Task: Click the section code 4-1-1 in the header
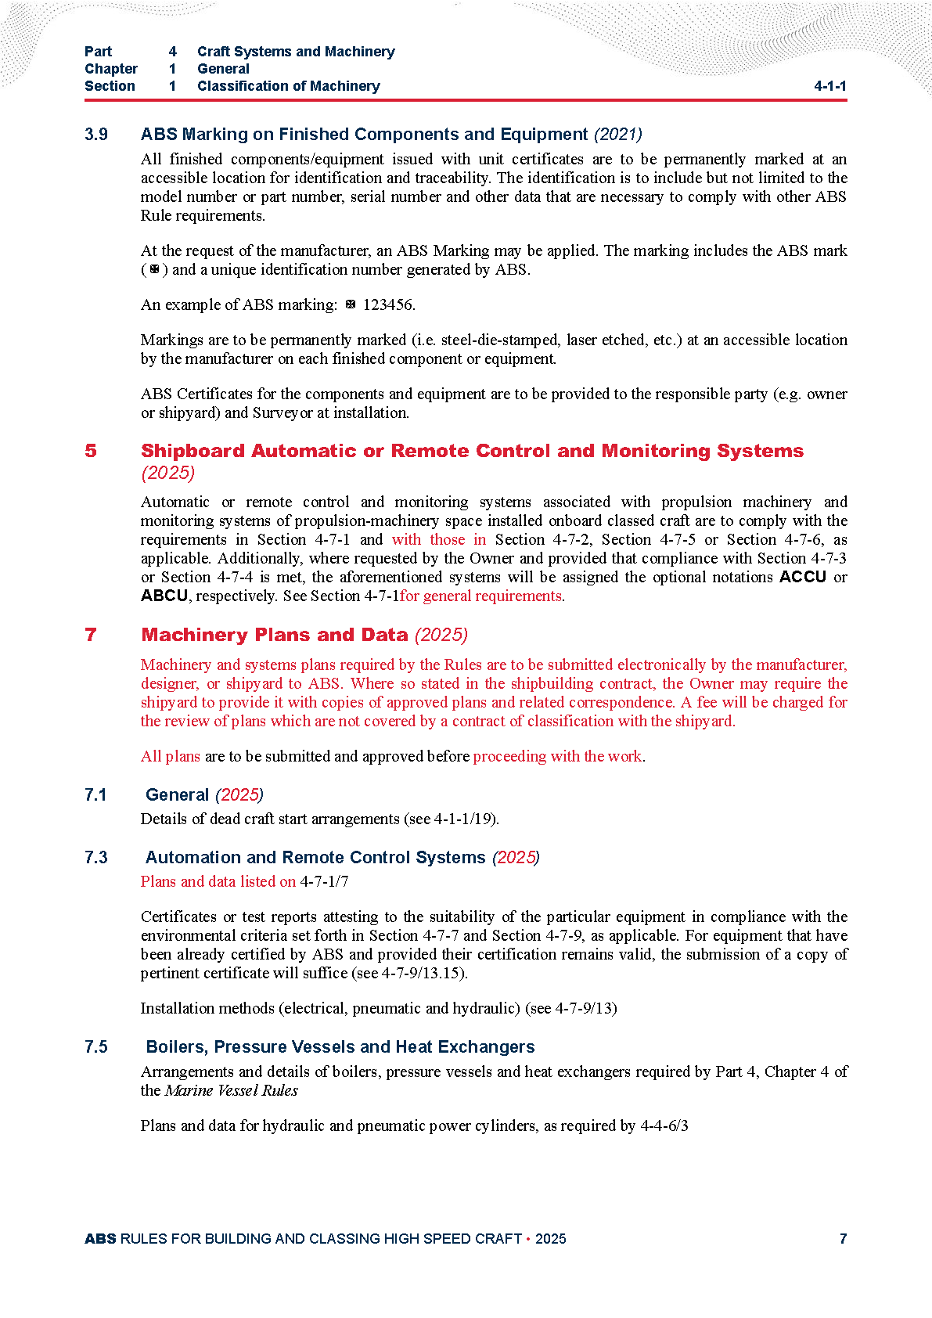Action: (829, 86)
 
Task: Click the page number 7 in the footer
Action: (843, 1238)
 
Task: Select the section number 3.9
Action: (96, 135)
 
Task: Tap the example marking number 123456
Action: (388, 305)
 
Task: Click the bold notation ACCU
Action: (803, 577)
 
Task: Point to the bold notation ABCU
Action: (164, 596)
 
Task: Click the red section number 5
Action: (91, 451)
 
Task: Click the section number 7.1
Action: (95, 795)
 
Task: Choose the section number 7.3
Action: (96, 858)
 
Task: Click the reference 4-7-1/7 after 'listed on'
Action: (324, 882)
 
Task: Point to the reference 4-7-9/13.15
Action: (423, 974)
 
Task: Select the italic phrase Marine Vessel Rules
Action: (232, 1091)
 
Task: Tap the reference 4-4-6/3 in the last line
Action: (664, 1126)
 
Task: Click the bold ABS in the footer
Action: (100, 1238)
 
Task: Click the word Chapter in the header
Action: (111, 69)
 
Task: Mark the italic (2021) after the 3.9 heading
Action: (617, 135)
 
